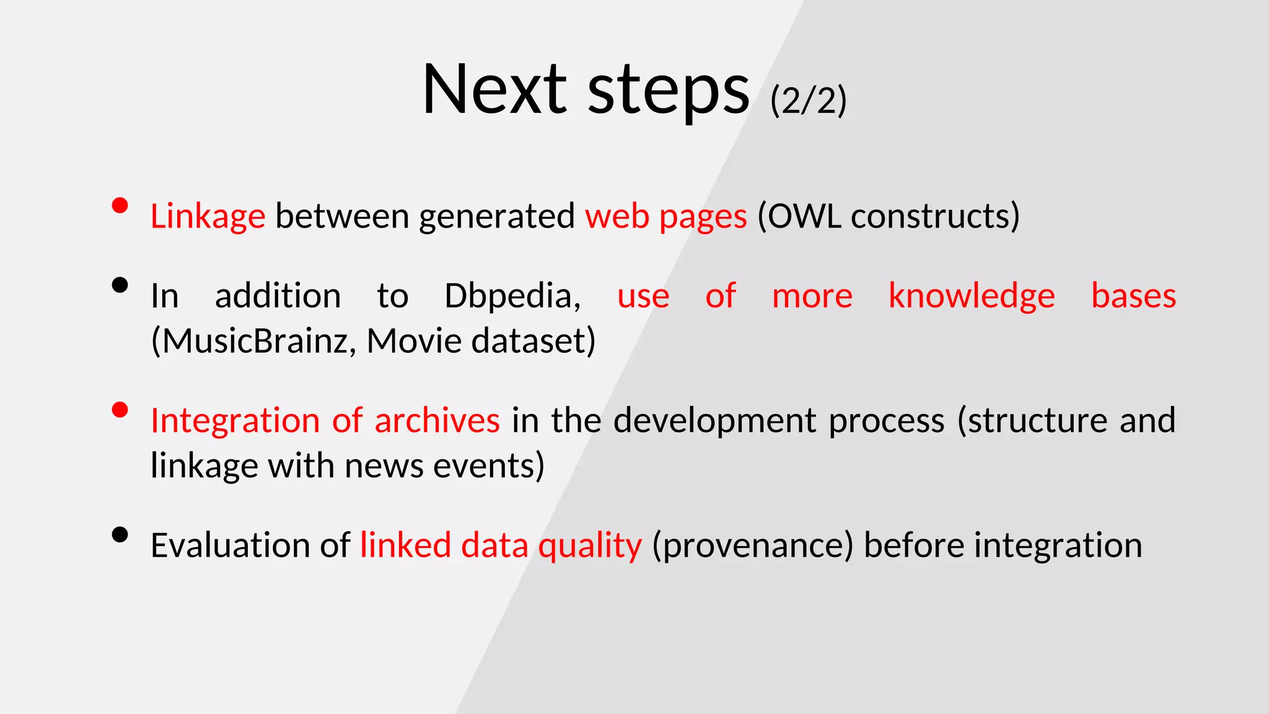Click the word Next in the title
(x=494, y=90)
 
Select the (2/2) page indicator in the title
(x=808, y=100)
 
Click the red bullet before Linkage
(x=120, y=205)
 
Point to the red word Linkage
(x=208, y=217)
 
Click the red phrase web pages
(x=665, y=217)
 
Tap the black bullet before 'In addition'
(x=120, y=285)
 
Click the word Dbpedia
(x=512, y=296)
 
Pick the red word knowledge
(x=971, y=296)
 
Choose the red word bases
(x=1133, y=296)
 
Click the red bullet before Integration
(x=120, y=410)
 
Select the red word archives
(x=437, y=421)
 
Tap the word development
(x=715, y=421)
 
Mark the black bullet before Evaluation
(x=120, y=534)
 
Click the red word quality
(x=589, y=546)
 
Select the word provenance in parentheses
(x=753, y=546)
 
